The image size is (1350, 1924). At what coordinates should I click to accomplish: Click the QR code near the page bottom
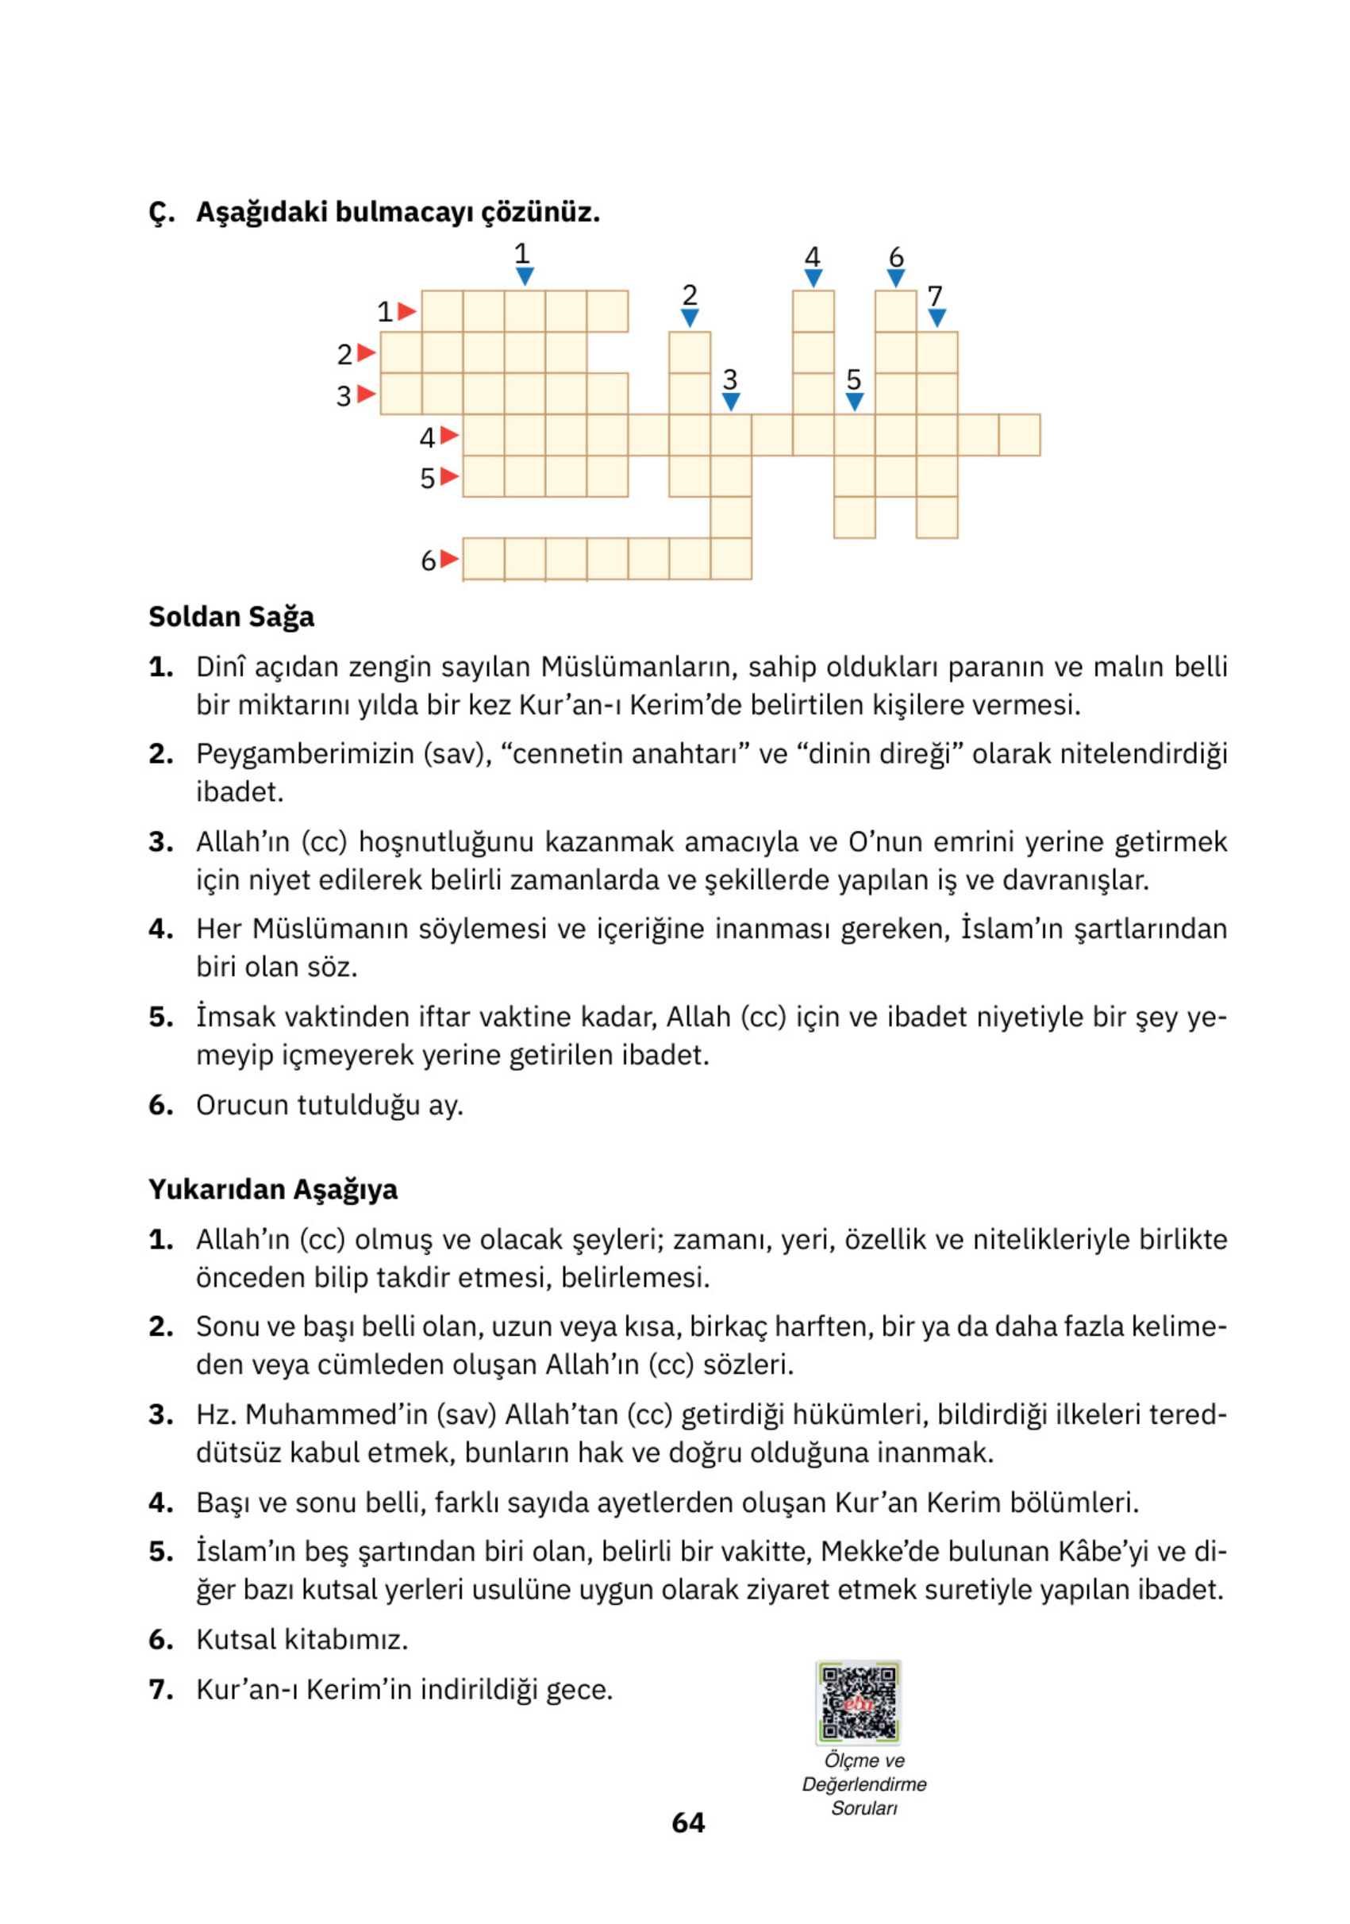858,1702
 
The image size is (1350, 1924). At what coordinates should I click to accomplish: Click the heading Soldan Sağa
231,617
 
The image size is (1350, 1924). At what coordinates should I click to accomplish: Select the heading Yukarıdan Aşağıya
272,1189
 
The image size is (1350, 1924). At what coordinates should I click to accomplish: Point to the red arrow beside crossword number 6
449,558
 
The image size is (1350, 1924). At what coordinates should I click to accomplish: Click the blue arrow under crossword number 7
937,317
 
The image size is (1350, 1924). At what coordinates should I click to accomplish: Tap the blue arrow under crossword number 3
731,402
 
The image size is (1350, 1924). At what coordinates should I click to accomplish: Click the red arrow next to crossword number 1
406,312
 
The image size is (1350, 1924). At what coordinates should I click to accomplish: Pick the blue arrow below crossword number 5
854,402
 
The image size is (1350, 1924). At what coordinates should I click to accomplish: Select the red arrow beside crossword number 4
449,435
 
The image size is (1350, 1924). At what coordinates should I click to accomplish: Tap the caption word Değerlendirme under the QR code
864,1784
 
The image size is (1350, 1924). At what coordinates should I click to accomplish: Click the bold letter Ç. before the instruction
162,213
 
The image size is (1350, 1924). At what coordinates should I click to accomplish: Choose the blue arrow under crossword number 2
690,317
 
